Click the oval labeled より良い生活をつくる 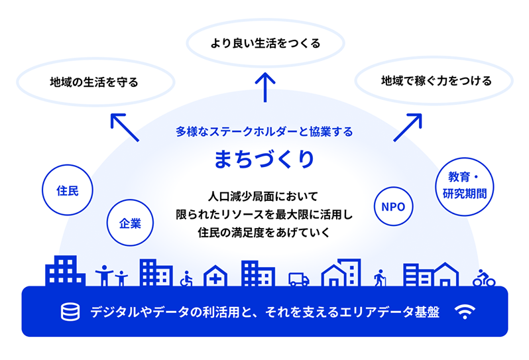[x=264, y=44]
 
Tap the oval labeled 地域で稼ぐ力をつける [x=436, y=82]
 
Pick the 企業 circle [x=130, y=223]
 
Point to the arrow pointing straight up [x=264, y=87]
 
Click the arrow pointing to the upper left [x=124, y=127]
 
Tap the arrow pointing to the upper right [x=408, y=127]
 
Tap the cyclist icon [x=484, y=278]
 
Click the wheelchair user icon [x=187, y=278]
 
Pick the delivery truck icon [x=299, y=279]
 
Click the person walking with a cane [x=380, y=277]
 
